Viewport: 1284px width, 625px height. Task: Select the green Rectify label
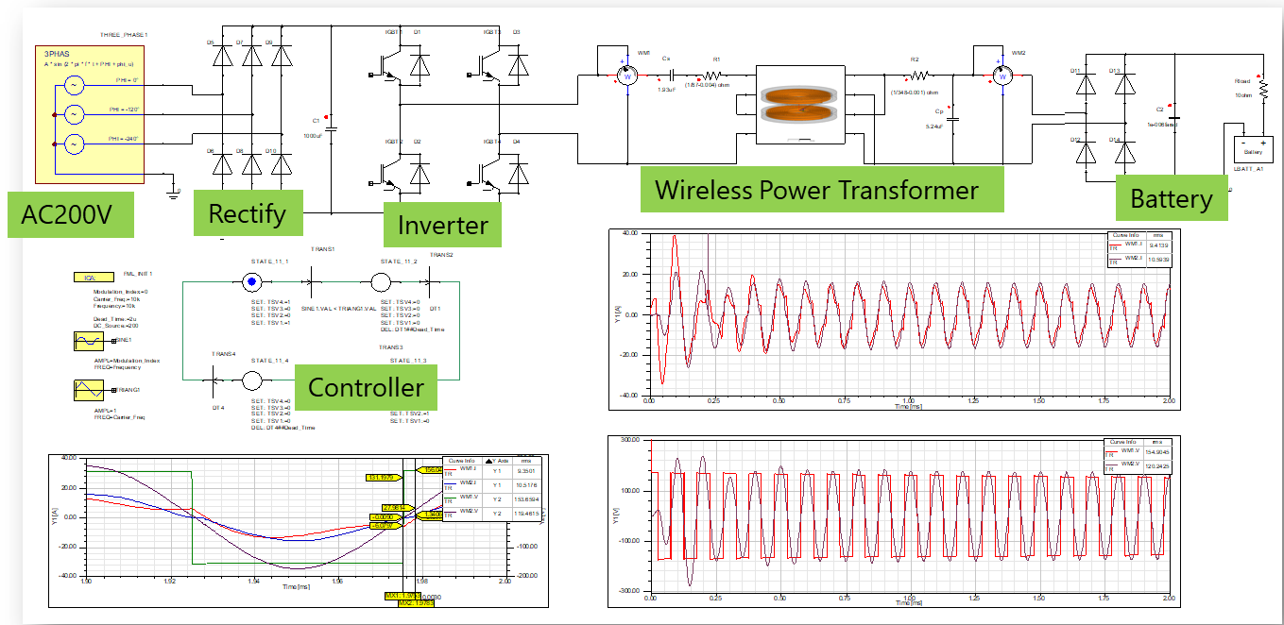pos(248,212)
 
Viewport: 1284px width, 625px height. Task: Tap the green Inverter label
pos(442,226)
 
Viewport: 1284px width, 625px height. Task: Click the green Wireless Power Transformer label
pos(817,190)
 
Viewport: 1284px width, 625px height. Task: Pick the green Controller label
pos(366,387)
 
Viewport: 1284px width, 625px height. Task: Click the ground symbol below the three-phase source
pos(173,192)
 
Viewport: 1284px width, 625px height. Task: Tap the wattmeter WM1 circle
pos(624,73)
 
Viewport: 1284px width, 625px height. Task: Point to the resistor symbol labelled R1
pos(715,73)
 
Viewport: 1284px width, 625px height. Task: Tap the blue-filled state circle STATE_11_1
pos(251,281)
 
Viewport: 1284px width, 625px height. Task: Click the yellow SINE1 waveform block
pos(88,341)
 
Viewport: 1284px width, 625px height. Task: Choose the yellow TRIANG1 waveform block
pos(88,391)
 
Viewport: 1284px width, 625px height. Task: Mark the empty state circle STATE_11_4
pos(251,380)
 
